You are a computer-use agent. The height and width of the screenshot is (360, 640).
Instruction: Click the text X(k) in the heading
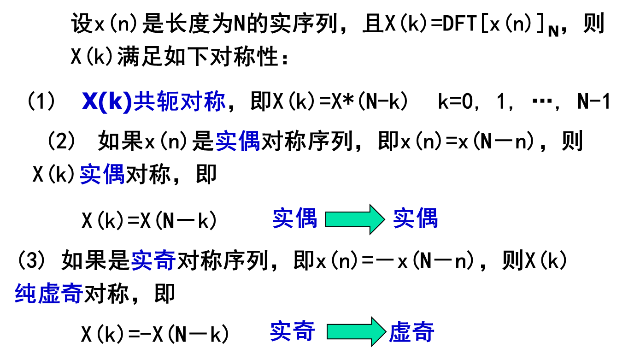[x=107, y=101]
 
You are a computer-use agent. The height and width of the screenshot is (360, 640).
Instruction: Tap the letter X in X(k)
[x=90, y=101]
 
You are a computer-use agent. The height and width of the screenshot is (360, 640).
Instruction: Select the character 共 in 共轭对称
[x=145, y=101]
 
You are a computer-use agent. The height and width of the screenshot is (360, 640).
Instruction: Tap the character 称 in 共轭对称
[x=214, y=101]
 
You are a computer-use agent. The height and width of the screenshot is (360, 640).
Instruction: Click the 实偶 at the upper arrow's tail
[x=295, y=218]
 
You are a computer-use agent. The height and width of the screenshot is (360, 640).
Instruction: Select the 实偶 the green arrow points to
[x=415, y=218]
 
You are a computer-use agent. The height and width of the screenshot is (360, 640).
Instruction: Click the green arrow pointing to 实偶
[x=354, y=219]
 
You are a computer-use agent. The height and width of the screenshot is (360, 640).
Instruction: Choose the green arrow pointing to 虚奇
[x=355, y=332]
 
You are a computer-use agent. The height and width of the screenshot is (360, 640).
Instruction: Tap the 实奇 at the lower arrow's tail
[x=292, y=331]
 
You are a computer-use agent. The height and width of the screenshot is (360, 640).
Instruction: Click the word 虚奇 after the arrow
[x=412, y=332]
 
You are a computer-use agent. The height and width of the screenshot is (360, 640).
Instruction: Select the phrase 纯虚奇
[x=49, y=293]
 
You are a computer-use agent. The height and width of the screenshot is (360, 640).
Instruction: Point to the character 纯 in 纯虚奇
[x=25, y=293]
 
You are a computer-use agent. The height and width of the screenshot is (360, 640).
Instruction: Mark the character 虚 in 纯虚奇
[x=49, y=293]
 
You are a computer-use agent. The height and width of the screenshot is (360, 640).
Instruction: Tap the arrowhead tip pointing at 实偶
[x=382, y=219]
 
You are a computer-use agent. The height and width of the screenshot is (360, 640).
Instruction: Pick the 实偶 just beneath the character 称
[x=238, y=141]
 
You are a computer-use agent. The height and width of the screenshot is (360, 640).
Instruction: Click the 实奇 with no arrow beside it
[x=153, y=260]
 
